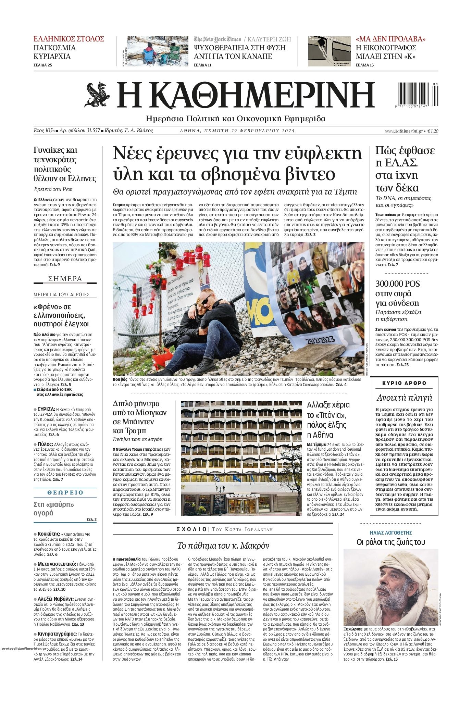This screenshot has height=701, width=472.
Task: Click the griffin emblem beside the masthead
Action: click(x=97, y=95)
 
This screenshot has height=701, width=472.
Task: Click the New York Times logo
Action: click(x=217, y=39)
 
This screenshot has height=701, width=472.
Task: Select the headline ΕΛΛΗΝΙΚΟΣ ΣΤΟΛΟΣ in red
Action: click(x=69, y=39)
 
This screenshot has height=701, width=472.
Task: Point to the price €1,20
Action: click(x=433, y=131)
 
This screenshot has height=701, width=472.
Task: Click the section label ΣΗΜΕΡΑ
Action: click(x=65, y=279)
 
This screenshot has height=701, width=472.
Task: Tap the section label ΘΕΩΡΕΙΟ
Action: click(x=65, y=492)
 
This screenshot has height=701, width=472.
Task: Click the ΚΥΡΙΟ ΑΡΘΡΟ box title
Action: click(x=404, y=383)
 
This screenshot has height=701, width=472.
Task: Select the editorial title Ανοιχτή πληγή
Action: click(x=404, y=398)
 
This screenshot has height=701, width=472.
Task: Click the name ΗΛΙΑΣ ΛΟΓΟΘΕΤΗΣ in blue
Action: click(x=391, y=533)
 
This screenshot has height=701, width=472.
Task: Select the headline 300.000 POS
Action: click(x=397, y=284)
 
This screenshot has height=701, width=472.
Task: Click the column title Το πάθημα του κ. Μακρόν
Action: click(x=223, y=546)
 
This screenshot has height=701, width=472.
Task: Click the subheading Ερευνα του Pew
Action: click(x=53, y=189)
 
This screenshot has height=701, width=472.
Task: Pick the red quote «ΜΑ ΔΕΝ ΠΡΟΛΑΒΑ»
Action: click(x=390, y=39)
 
